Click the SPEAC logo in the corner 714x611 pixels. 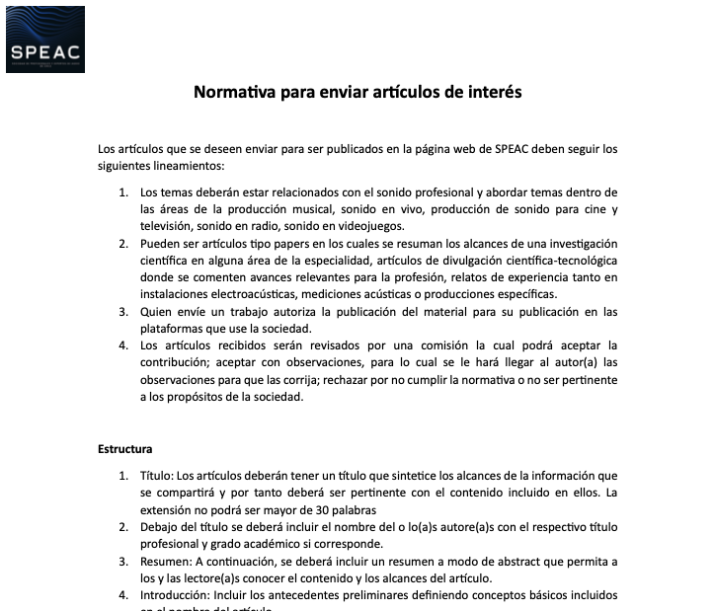coord(45,39)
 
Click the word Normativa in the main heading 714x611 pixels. coord(231,93)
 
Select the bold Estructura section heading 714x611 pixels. coord(126,449)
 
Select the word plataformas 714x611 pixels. coord(174,329)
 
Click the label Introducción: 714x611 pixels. coord(179,595)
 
